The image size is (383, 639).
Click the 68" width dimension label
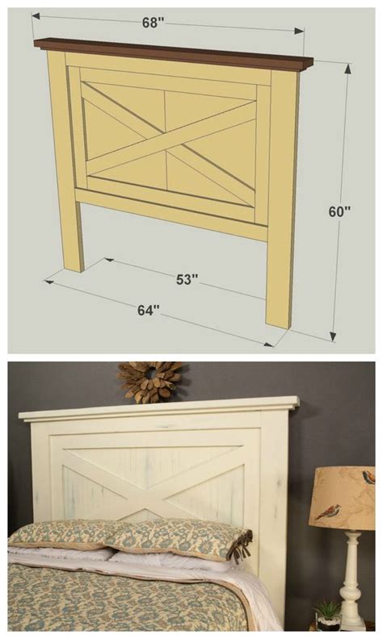[153, 23]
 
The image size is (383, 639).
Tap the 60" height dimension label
[339, 211]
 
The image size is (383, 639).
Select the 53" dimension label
[187, 279]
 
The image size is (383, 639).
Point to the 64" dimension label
[148, 310]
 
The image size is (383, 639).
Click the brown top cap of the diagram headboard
[174, 55]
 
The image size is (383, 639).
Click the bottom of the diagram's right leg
[279, 324]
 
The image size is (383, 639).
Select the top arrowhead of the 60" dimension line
[347, 69]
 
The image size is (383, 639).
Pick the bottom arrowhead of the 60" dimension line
[333, 336]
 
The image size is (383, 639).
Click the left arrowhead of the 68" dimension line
[36, 16]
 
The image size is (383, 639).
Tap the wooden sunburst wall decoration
[149, 382]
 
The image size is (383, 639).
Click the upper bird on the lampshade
[368, 477]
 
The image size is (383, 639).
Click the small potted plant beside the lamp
[329, 615]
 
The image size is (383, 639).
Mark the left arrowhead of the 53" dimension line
[108, 259]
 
